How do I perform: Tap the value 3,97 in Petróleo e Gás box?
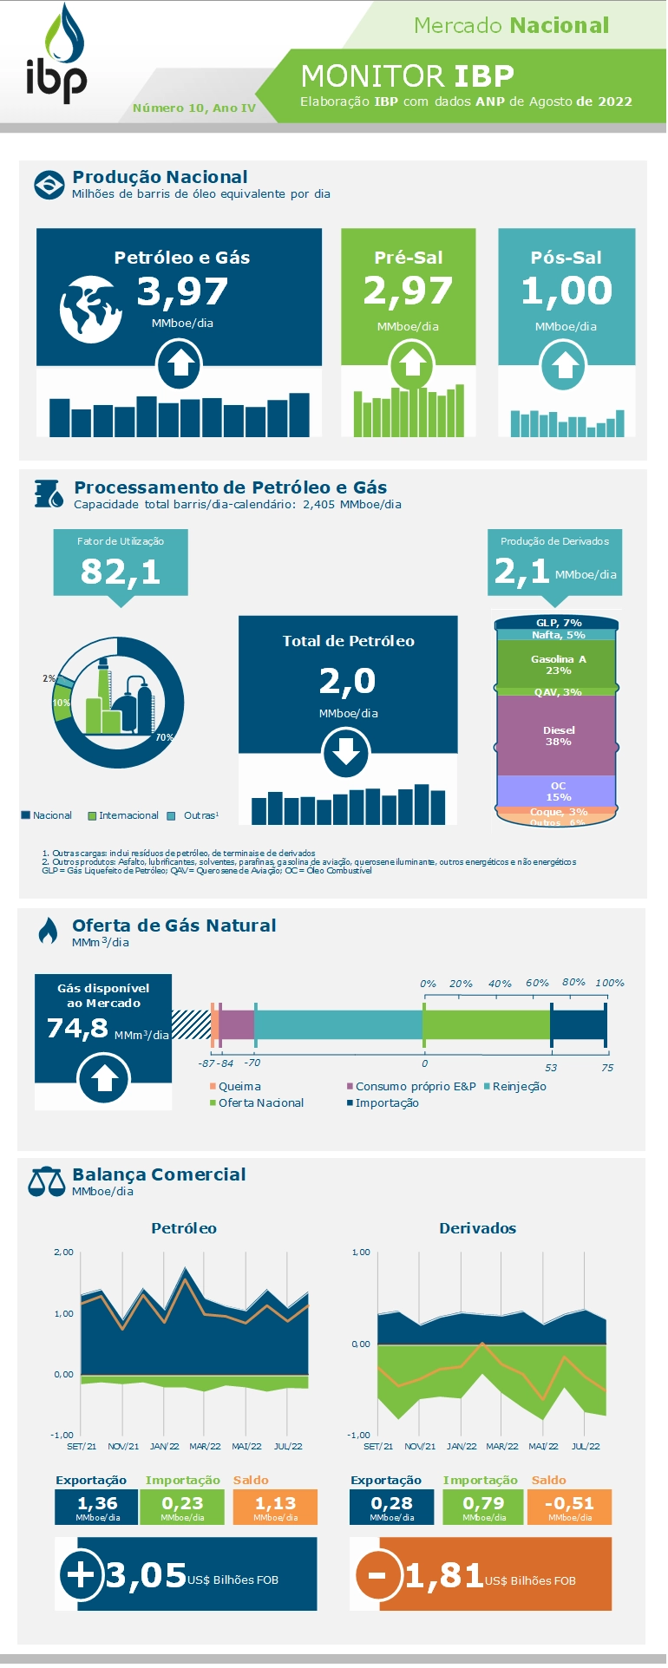pos(182,291)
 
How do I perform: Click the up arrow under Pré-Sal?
pos(412,364)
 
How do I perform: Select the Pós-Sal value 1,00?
pos(566,290)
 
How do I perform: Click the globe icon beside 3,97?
pos(90,309)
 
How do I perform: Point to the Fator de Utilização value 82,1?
pos(121,572)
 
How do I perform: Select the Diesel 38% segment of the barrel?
pos(558,736)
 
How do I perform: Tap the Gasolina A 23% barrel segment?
pos(558,664)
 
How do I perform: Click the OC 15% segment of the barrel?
pos(558,791)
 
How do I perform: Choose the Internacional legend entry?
pos(123,815)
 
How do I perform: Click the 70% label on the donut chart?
pos(164,737)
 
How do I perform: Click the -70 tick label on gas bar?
pos(252,1063)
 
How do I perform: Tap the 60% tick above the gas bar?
pos(537,983)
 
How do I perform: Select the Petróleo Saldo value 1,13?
pos(275,1503)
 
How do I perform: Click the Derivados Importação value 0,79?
pos(483,1503)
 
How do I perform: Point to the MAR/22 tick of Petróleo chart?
pos(205,1446)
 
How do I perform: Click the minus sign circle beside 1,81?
pos(378,1573)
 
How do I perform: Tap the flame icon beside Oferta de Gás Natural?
pos(48,931)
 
